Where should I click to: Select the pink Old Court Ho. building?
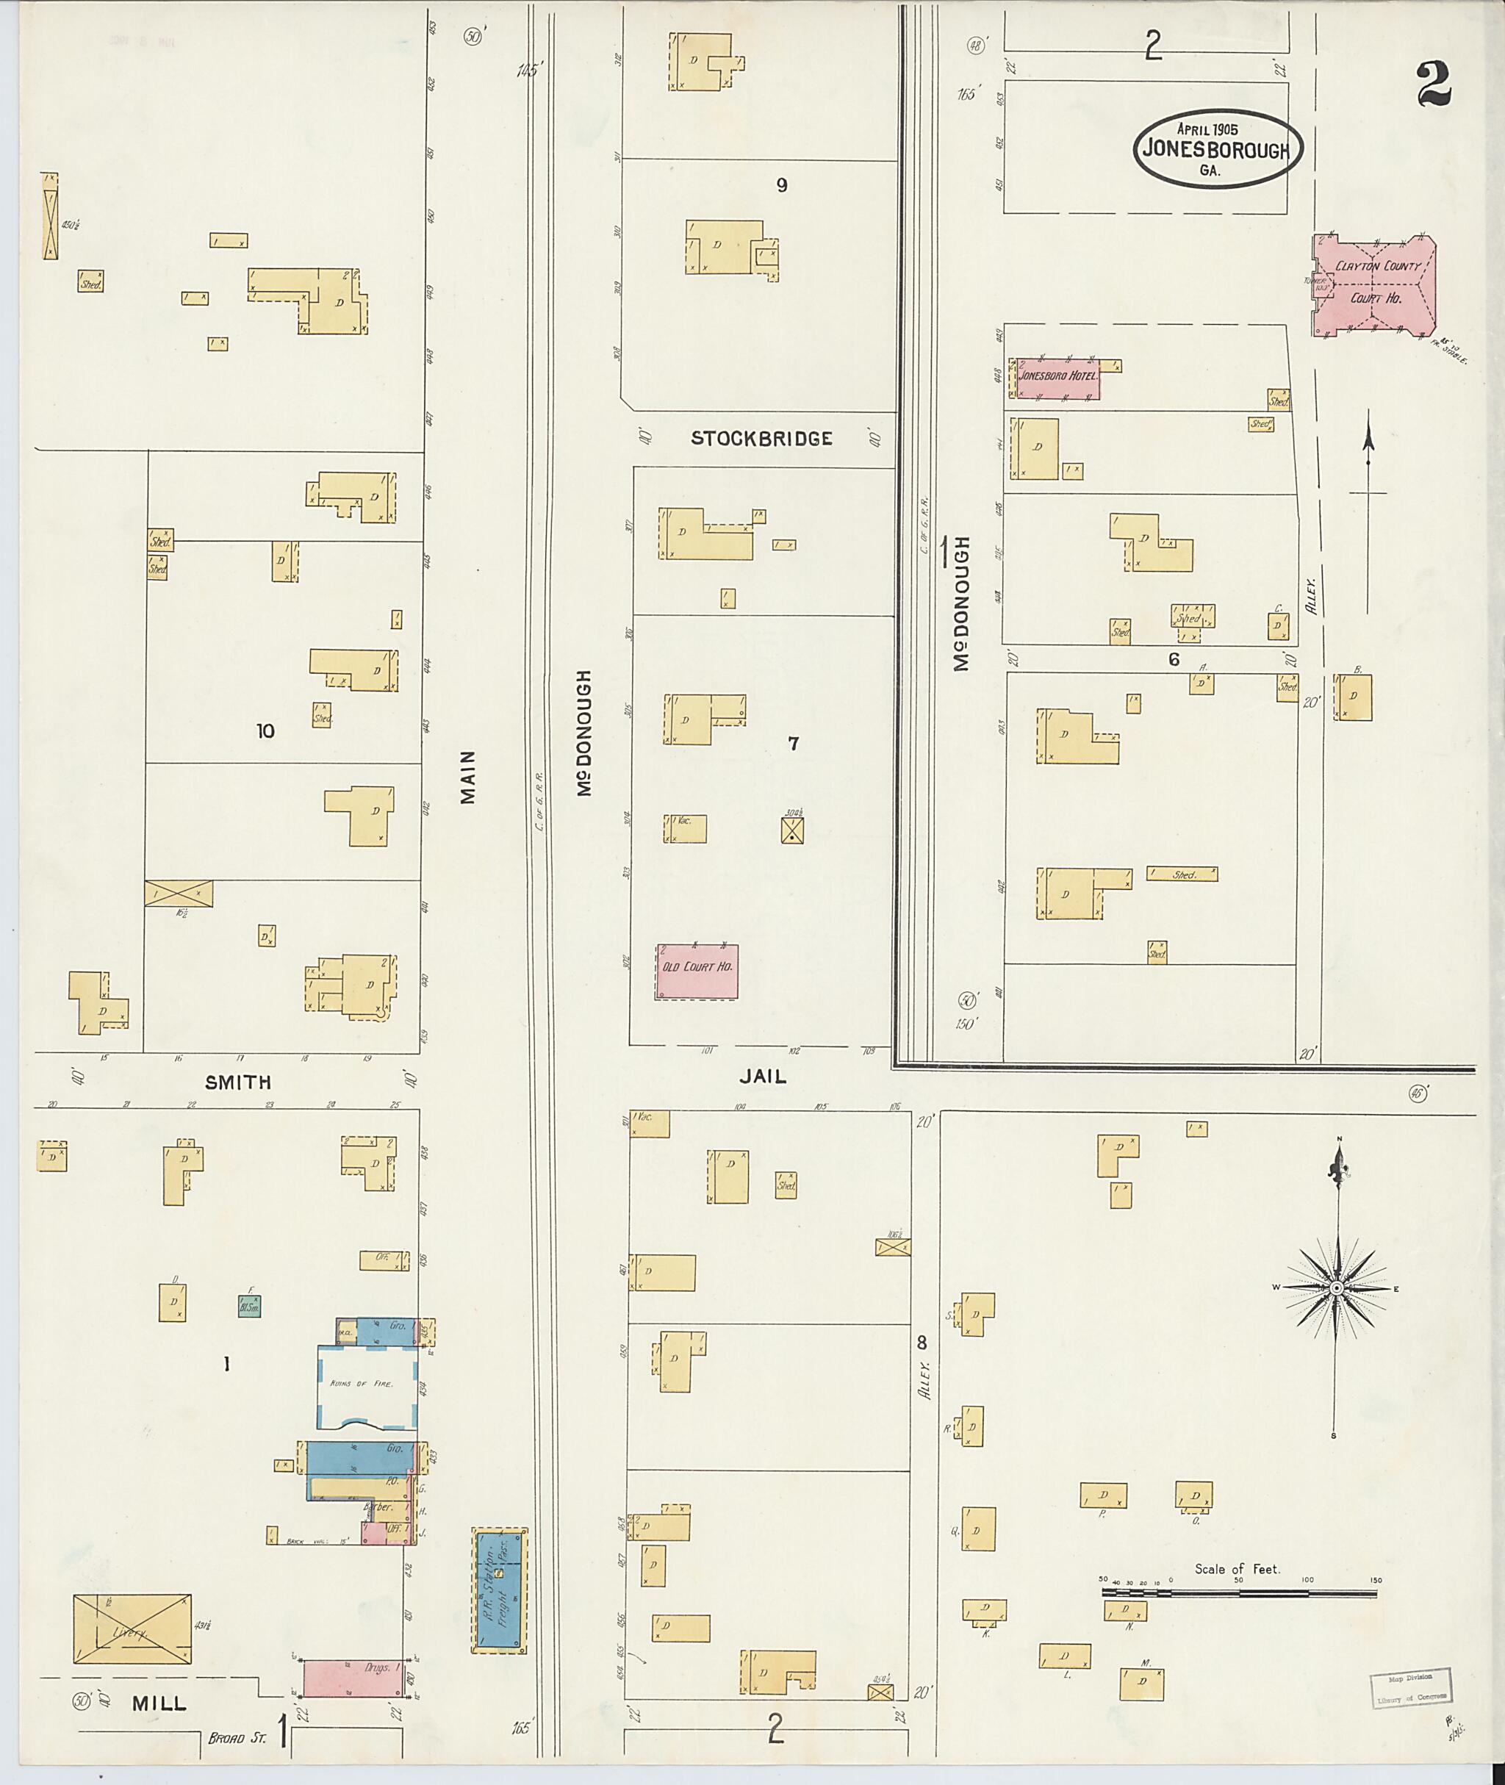point(697,971)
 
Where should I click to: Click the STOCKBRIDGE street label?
point(761,439)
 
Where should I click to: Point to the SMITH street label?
point(238,1082)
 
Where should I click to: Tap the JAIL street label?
point(763,1077)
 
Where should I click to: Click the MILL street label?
point(159,1703)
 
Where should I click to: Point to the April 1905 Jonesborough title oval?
point(1218,148)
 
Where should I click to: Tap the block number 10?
point(265,730)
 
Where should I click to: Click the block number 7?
point(794,744)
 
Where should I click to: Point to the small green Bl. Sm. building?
point(249,1305)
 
